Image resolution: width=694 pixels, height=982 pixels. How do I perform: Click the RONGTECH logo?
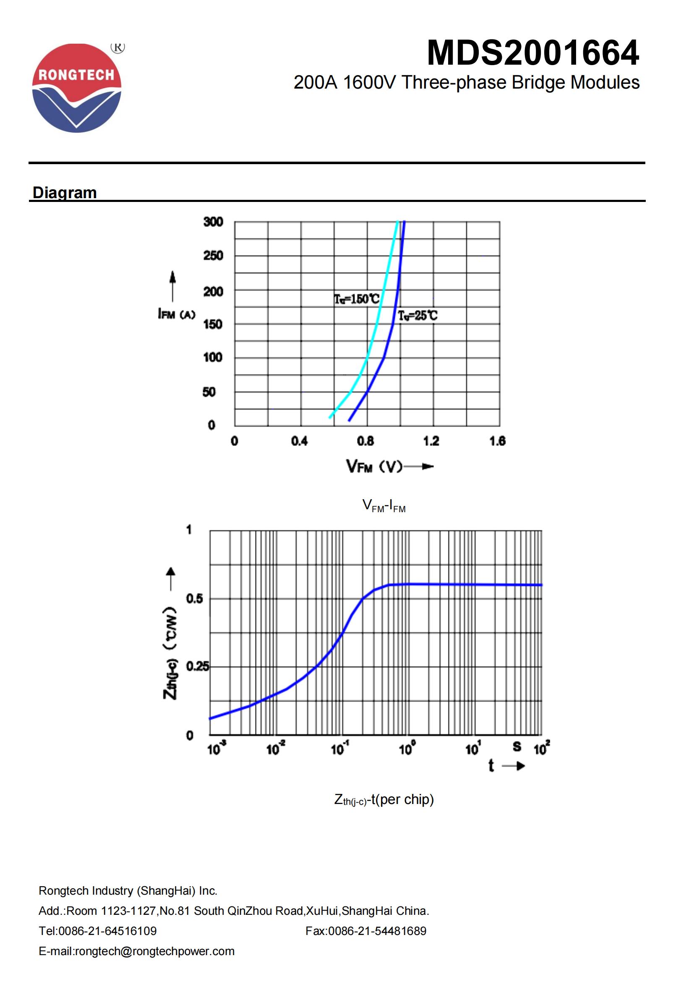click(77, 88)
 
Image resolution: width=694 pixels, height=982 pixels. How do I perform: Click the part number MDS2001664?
click(533, 53)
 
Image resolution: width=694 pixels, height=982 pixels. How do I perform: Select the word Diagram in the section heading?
click(65, 192)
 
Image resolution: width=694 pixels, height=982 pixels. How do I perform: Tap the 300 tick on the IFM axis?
click(213, 222)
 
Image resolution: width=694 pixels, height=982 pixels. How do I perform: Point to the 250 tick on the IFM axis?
click(213, 256)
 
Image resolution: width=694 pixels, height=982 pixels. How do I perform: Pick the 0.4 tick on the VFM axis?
click(299, 441)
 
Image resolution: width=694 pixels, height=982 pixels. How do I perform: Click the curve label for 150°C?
click(356, 299)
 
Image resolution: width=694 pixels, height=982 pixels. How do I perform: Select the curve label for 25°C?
click(417, 316)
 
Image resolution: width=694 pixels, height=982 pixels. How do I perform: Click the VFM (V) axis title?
click(374, 466)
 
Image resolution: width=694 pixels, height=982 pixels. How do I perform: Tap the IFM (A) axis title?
click(177, 314)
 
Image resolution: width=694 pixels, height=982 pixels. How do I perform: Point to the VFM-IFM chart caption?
click(384, 506)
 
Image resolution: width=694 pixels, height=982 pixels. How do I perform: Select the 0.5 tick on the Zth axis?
click(194, 599)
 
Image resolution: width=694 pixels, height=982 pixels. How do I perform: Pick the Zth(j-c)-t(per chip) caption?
click(384, 799)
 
